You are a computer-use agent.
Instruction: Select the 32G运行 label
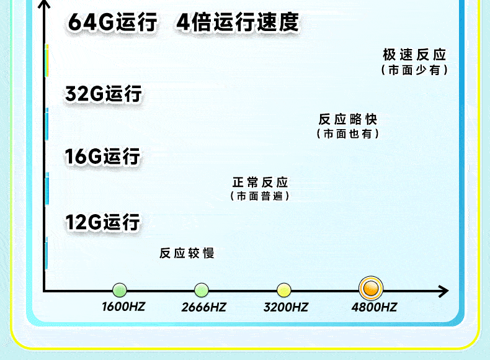[104, 94]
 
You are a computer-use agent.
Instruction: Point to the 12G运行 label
[103, 222]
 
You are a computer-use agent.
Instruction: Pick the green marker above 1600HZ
[120, 289]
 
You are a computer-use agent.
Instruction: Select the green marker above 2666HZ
[202, 289]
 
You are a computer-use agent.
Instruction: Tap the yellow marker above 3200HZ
[284, 289]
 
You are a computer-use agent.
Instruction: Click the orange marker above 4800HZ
[371, 289]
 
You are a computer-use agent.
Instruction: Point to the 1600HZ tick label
[123, 307]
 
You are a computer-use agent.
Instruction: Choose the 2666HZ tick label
[204, 307]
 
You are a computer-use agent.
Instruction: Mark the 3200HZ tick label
[286, 307]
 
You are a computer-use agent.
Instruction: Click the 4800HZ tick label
[374, 307]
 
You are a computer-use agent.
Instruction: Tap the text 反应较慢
[187, 253]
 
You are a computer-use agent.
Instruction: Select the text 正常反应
[261, 182]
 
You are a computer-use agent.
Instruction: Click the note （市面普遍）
[260, 196]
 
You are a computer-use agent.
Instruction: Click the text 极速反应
[414, 55]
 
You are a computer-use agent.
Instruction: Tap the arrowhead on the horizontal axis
[443, 290]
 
